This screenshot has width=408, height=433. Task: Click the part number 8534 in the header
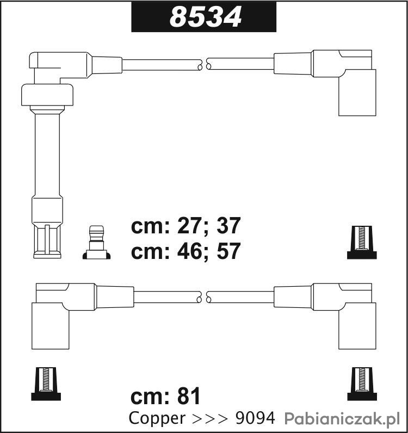pyautogui.click(x=206, y=17)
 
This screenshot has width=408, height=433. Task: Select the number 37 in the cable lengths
pyautogui.click(x=228, y=226)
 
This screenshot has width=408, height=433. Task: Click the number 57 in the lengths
pyautogui.click(x=228, y=251)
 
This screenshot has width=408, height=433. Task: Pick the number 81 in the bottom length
pyautogui.click(x=189, y=395)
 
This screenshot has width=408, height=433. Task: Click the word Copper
pyautogui.click(x=157, y=419)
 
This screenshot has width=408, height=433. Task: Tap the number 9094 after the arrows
pyautogui.click(x=255, y=418)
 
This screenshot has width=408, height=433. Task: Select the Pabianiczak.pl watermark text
pyautogui.click(x=342, y=419)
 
